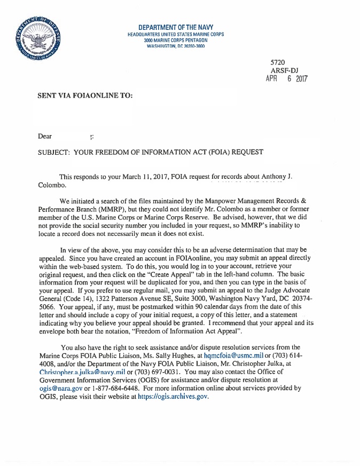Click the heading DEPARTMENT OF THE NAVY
click(x=176, y=27)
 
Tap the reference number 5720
click(x=278, y=62)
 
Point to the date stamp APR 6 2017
click(x=287, y=78)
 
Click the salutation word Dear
click(x=45, y=136)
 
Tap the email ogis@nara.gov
click(x=60, y=389)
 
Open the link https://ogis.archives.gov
click(x=173, y=397)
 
